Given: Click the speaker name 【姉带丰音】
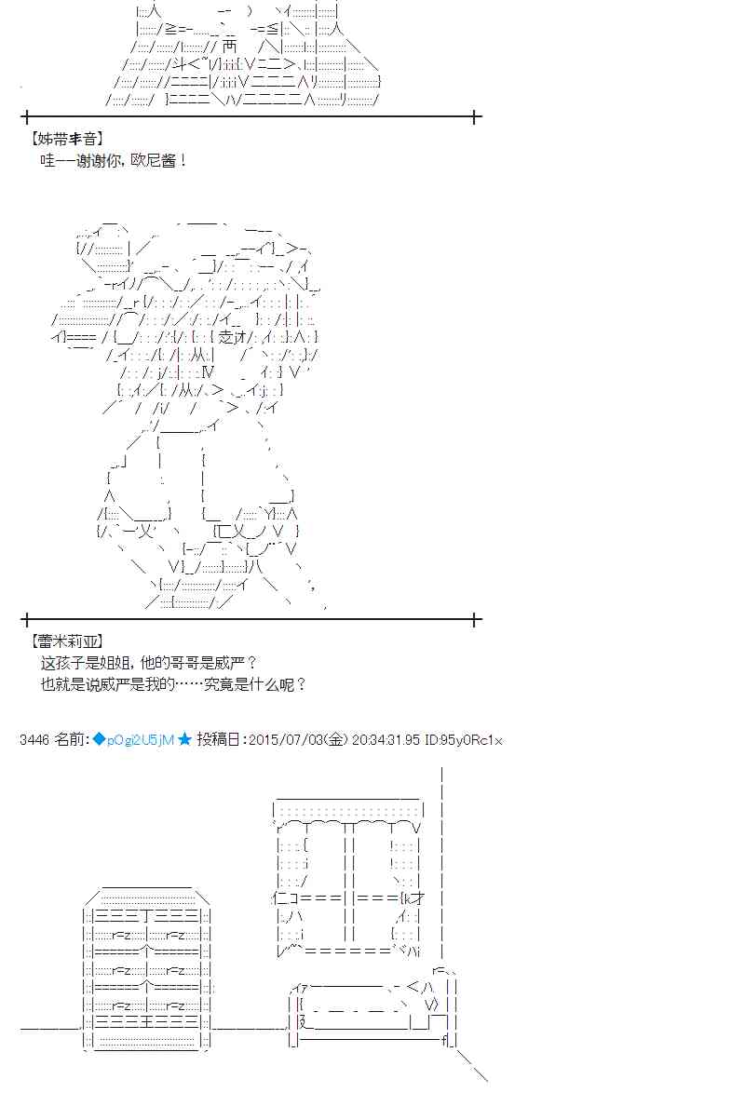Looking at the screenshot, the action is [x=67, y=139].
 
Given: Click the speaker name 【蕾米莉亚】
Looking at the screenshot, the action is [x=67, y=641].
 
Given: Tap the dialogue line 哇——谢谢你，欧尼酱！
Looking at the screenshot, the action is [x=114, y=160].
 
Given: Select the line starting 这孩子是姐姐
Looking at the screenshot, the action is [x=149, y=662].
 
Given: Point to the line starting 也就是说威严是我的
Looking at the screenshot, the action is [x=173, y=683].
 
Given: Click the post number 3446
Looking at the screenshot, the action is [x=34, y=739].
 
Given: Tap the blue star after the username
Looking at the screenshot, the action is [x=184, y=739].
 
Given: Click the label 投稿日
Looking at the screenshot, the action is [x=220, y=739].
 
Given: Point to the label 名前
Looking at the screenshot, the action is [x=70, y=739].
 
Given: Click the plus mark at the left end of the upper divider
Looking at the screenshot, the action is [x=26, y=116].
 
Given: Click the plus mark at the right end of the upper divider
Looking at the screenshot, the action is [x=475, y=116].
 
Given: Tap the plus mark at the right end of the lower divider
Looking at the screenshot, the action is [x=475, y=619].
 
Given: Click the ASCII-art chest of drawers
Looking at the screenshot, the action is [x=146, y=968].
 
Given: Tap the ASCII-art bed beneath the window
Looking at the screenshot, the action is [x=373, y=1011].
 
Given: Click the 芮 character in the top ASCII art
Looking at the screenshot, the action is [x=230, y=47].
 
